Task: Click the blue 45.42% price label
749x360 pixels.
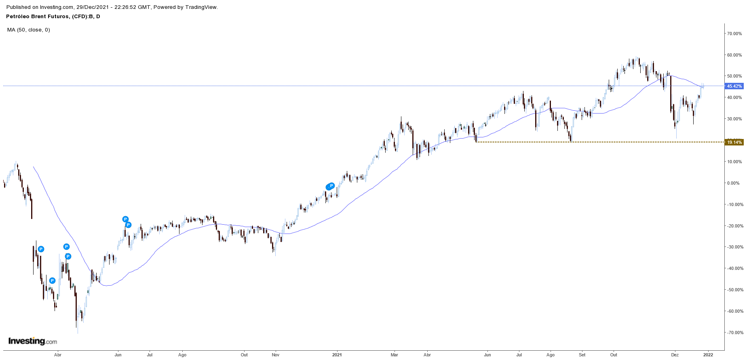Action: coord(734,86)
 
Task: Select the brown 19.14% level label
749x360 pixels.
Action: coord(734,142)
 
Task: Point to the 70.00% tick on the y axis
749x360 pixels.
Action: coord(734,34)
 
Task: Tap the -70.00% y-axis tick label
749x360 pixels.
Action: coord(734,333)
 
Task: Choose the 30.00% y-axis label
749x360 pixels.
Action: coord(734,119)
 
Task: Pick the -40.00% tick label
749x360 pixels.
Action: coord(734,268)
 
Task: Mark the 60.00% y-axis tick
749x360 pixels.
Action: coord(734,55)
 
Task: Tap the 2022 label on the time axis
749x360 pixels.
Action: coord(708,355)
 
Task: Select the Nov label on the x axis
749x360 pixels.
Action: coord(276,355)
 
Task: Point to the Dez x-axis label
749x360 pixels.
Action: coord(675,355)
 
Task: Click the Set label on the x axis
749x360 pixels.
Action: coord(582,355)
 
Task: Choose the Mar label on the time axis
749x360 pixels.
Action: coord(395,355)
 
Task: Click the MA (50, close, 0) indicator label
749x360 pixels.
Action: coord(29,29)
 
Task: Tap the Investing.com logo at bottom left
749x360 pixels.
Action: coord(33,341)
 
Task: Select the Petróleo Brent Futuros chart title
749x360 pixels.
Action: coord(53,17)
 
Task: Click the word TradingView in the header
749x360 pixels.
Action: coord(201,7)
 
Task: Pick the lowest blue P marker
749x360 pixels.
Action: coord(52,280)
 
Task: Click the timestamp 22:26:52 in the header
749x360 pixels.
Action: coord(138,7)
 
